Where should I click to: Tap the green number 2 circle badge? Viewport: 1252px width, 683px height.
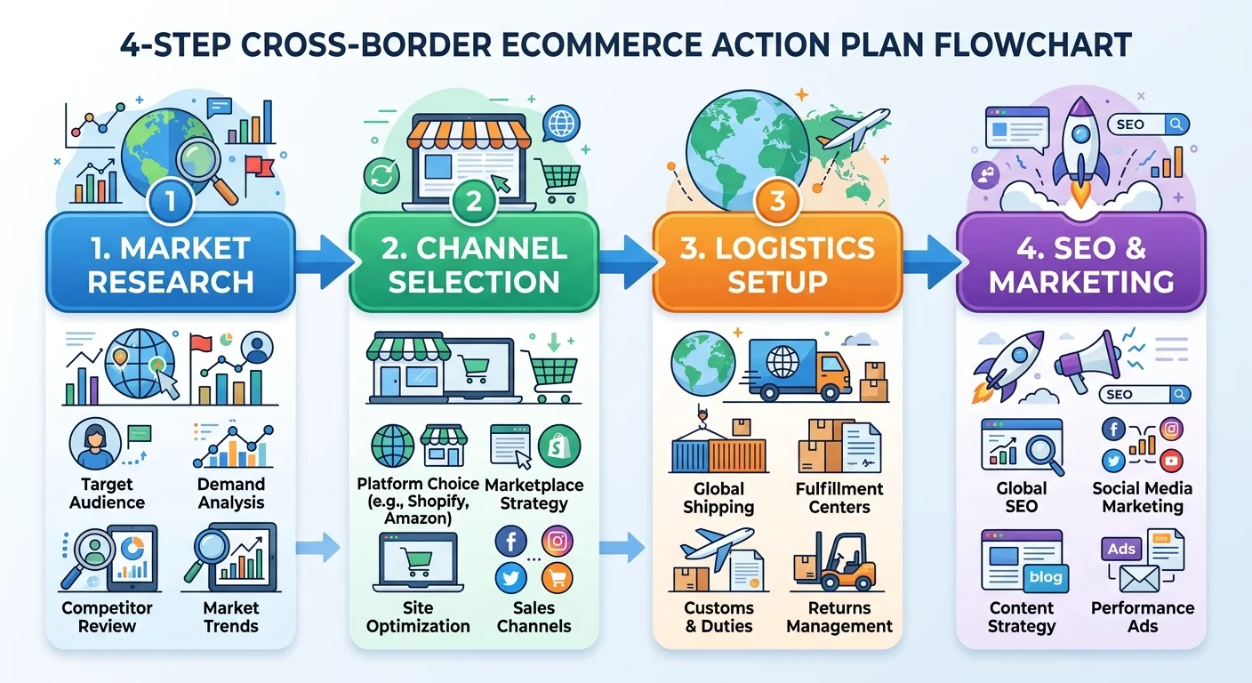click(x=473, y=202)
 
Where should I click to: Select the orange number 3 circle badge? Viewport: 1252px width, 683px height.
click(x=777, y=202)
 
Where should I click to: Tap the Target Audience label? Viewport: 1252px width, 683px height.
click(x=107, y=494)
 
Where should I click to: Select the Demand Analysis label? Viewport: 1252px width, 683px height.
click(x=231, y=494)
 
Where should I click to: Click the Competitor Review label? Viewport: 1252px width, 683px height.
click(x=107, y=616)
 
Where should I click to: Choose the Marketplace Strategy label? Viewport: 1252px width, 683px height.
click(x=534, y=494)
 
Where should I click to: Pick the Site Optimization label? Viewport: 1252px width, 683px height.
click(x=418, y=616)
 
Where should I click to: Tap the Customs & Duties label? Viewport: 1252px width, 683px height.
click(x=718, y=616)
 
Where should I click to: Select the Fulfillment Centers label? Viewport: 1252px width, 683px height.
click(x=839, y=498)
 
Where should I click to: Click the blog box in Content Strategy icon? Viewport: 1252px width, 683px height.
click(x=1046, y=576)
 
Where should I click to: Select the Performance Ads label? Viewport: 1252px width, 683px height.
click(x=1143, y=616)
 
